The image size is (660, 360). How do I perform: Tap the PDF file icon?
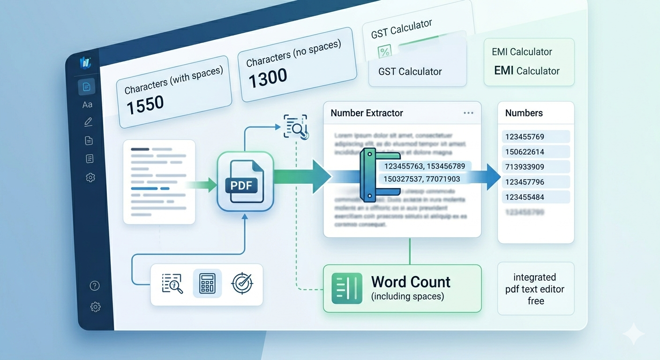245,182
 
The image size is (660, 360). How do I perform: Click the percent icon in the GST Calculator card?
384,52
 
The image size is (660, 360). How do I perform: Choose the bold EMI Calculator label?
527,71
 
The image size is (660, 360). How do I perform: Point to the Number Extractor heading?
367,113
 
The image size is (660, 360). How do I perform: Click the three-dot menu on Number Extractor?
468,113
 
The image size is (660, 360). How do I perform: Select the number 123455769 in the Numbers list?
525,137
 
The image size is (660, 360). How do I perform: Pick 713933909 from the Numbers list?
525,167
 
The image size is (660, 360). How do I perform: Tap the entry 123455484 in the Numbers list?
525,197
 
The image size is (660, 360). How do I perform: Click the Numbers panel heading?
524,113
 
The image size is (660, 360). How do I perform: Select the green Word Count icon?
346,288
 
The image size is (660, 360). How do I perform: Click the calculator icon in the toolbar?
207,284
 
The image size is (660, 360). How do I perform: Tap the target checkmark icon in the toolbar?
242,283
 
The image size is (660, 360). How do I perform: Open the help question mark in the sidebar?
95,285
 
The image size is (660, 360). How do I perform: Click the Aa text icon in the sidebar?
87,105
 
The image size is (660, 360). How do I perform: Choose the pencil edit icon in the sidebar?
88,122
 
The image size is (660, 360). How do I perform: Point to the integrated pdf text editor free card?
535,289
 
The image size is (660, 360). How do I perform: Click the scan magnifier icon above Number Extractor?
296,126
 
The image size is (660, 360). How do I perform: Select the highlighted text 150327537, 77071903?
422,179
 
